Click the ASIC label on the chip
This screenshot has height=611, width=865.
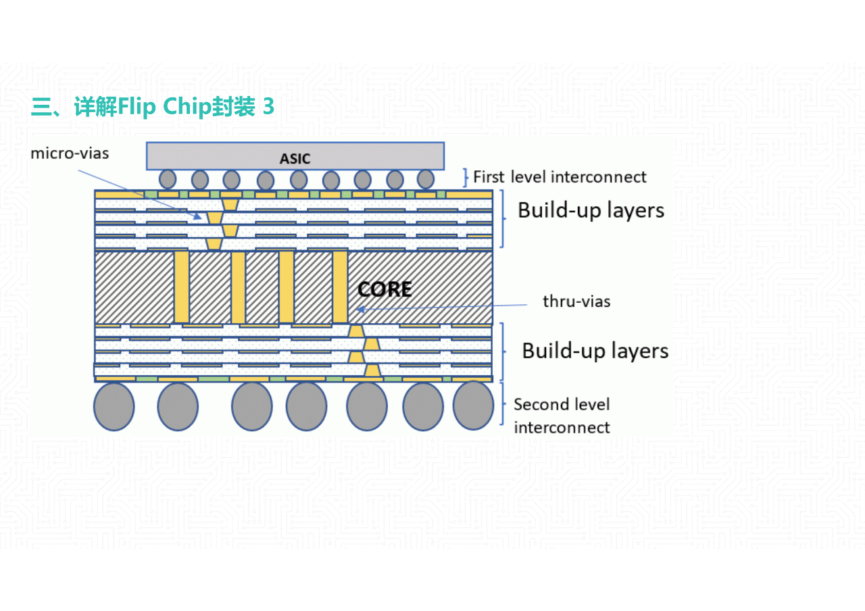pyautogui.click(x=295, y=159)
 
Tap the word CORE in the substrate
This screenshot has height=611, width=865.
pyautogui.click(x=385, y=289)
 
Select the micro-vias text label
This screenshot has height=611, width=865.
pyautogui.click(x=70, y=153)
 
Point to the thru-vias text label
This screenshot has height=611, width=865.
pyautogui.click(x=576, y=301)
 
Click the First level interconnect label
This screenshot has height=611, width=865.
pyautogui.click(x=560, y=177)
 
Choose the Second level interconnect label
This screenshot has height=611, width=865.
pyautogui.click(x=562, y=416)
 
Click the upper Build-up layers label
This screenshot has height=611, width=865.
pyautogui.click(x=591, y=210)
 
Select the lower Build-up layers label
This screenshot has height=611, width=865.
pyautogui.click(x=595, y=351)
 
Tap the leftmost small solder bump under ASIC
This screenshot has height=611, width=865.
pyautogui.click(x=168, y=179)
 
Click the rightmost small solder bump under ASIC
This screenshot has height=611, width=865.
pyautogui.click(x=425, y=179)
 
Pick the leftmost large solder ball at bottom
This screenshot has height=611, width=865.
pyautogui.click(x=114, y=406)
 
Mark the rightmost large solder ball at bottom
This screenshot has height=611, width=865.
pyautogui.click(x=473, y=406)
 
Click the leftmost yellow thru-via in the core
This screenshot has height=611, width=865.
pyautogui.click(x=181, y=287)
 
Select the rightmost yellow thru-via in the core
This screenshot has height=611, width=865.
pyautogui.click(x=339, y=287)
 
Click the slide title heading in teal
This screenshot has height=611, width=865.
pyautogui.click(x=153, y=107)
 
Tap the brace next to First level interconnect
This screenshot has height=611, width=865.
pyautogui.click(x=466, y=177)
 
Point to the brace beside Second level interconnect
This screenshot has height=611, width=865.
pyautogui.click(x=504, y=404)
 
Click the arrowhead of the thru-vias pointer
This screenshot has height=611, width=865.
pyautogui.click(x=360, y=310)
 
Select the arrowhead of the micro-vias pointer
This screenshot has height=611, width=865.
pyautogui.click(x=198, y=216)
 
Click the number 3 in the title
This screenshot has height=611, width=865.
pyautogui.click(x=268, y=107)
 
